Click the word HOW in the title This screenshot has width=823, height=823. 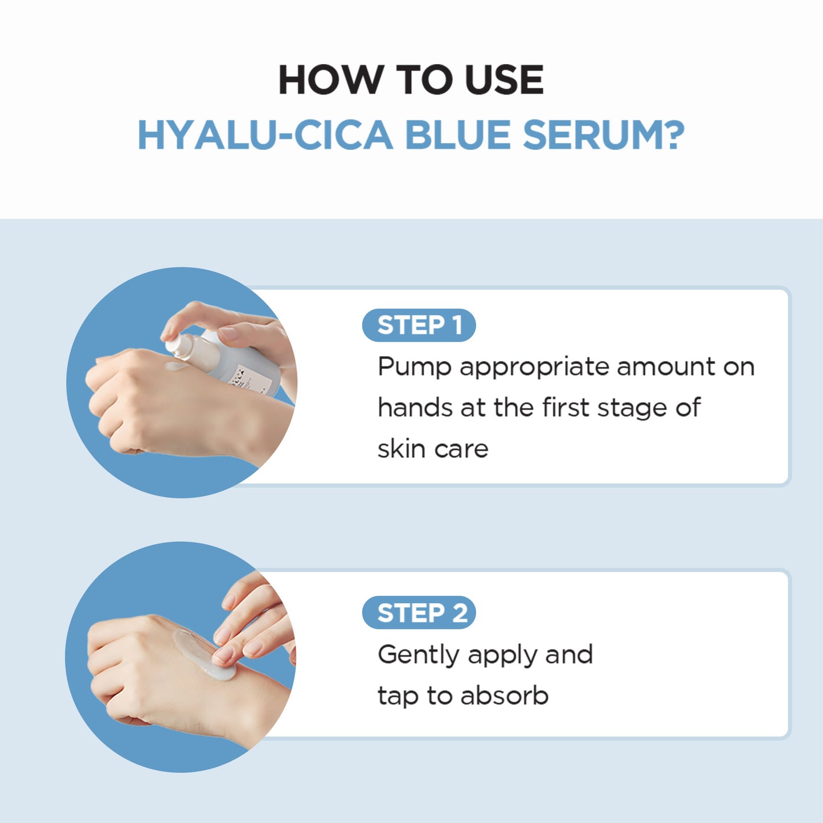[x=330, y=80]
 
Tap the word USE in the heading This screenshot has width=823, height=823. [x=503, y=80]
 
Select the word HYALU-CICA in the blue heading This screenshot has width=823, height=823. [x=265, y=136]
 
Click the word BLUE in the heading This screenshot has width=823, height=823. [x=457, y=136]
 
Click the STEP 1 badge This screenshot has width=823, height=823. [x=419, y=325]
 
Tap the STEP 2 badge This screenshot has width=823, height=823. [x=419, y=613]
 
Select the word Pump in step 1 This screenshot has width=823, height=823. [x=414, y=367]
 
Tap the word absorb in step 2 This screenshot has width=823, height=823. [x=504, y=696]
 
